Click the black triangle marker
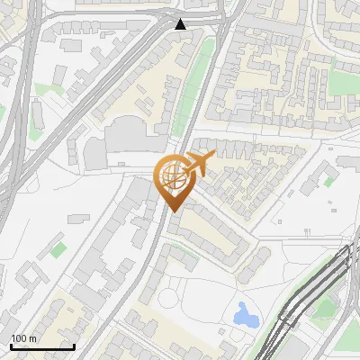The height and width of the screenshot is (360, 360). [x=181, y=23]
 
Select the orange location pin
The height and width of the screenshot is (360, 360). [x=173, y=179]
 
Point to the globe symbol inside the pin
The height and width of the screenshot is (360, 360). [x=171, y=176]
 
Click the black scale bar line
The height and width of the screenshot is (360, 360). [x=42, y=346]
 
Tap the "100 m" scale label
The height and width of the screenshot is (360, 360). [x=23, y=338]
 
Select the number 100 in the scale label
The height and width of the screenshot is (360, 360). [x=19, y=338]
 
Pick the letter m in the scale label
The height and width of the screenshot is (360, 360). [x=31, y=338]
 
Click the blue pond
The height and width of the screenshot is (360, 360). [x=243, y=314]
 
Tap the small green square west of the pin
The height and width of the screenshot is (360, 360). [x=58, y=247]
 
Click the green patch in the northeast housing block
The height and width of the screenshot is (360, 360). [x=341, y=83]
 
